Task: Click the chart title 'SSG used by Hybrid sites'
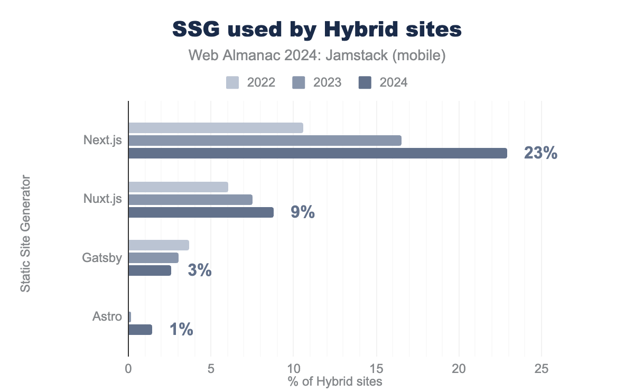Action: coord(317,30)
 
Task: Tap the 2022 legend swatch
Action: coord(232,82)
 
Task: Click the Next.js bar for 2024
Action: coord(318,153)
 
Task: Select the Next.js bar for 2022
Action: coord(216,128)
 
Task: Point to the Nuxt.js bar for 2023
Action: coord(190,200)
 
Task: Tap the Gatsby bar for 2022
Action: coord(158,245)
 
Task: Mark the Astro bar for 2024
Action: coord(140,330)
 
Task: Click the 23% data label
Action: coord(540,153)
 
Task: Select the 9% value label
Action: coord(303,212)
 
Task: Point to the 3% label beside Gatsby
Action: coord(200,270)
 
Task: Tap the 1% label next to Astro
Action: coord(181,330)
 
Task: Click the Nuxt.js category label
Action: coord(103,200)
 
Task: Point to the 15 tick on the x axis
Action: coord(376,370)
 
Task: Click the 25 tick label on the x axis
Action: coord(542,370)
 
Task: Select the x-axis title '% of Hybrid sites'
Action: coord(335,381)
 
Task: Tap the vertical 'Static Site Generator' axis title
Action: coord(25,234)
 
